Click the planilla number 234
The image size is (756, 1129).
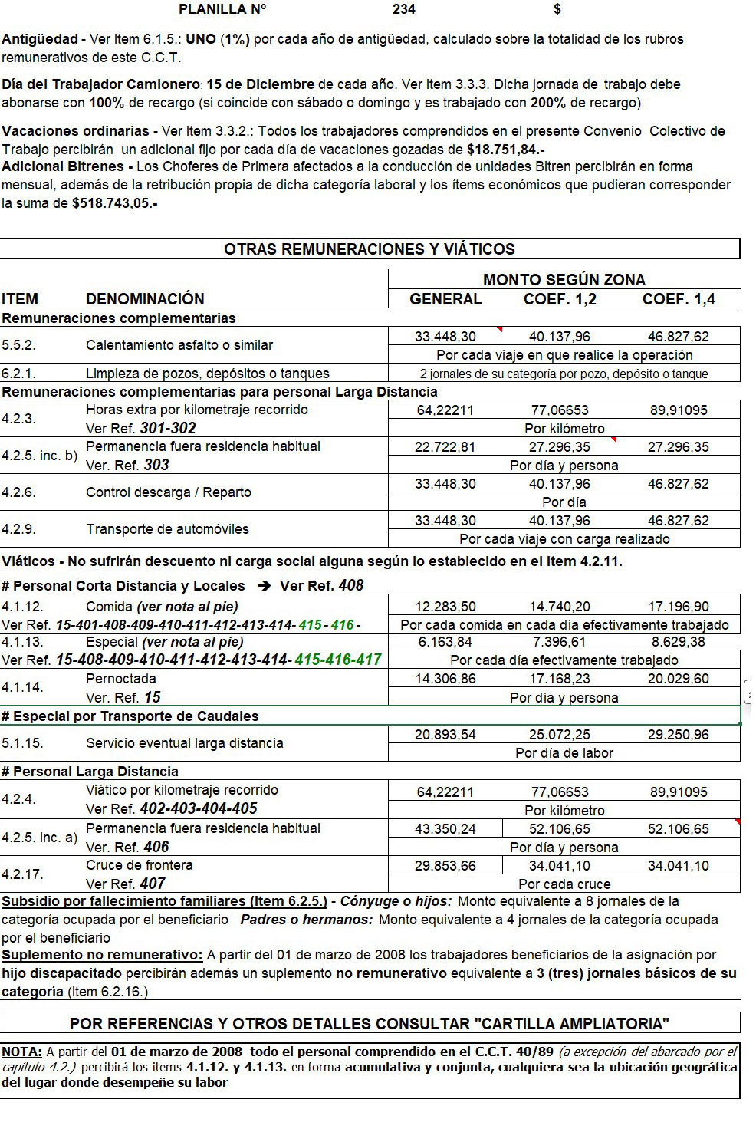(x=403, y=9)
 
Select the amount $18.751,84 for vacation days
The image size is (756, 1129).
(x=505, y=150)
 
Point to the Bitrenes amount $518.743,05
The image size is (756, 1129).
(x=114, y=203)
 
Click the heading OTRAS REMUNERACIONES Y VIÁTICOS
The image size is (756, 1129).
(x=370, y=249)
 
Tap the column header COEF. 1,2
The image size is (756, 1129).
(x=560, y=299)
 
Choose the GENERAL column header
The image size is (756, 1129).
(x=445, y=299)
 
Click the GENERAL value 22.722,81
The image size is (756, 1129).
(x=445, y=447)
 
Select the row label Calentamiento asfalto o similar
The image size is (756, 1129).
(x=179, y=345)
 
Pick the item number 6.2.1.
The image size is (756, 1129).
(x=19, y=374)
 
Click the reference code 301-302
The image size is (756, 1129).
(x=168, y=428)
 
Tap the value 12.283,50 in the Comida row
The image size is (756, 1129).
(x=445, y=607)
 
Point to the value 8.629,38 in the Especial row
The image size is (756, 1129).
(x=679, y=642)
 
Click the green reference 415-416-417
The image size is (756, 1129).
(x=338, y=660)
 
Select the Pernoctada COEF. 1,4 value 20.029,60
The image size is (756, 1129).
(x=679, y=679)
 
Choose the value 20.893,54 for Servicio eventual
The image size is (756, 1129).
(x=445, y=735)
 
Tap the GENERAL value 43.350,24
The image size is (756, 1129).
(x=445, y=829)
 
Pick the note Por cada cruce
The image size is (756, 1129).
(x=564, y=884)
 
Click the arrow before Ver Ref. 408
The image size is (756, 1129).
(x=265, y=586)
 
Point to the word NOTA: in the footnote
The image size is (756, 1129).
(x=21, y=1052)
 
